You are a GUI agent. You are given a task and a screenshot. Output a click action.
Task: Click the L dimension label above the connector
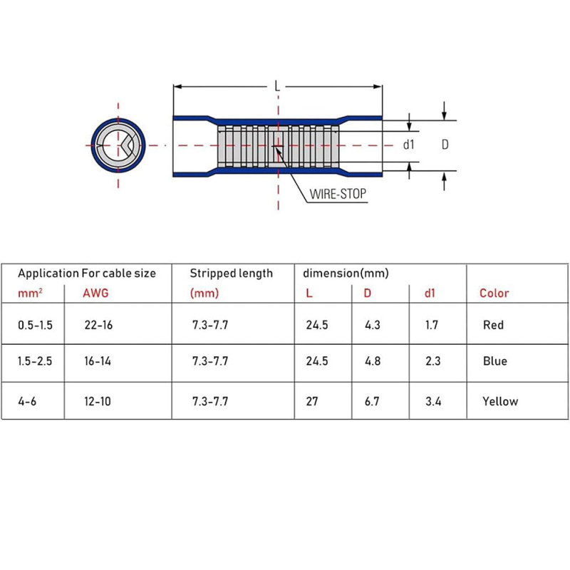point(277,86)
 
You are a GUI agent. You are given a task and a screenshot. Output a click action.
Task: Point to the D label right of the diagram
point(445,145)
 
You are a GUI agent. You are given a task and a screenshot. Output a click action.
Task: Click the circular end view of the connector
point(118,144)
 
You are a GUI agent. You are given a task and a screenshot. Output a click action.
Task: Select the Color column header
point(494,293)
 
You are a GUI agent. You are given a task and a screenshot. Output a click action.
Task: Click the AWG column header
point(96,293)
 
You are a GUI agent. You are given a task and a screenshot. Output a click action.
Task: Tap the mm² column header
point(29,293)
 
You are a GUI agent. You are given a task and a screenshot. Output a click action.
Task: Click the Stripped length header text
point(231,273)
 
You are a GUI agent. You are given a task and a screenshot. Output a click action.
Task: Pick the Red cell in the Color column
point(493,325)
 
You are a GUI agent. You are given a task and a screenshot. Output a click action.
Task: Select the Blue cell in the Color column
point(494,361)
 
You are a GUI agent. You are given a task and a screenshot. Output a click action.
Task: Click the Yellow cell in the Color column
point(500,401)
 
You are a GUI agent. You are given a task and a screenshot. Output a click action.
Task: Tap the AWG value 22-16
point(98,325)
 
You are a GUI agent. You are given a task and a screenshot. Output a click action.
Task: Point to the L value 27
point(311,401)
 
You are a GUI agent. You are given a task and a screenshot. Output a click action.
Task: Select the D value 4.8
point(372,361)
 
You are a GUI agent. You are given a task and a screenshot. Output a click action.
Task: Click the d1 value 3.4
point(432,401)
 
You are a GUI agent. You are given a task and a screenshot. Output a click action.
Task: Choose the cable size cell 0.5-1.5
point(36,325)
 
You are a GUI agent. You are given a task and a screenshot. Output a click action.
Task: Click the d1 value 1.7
point(432,325)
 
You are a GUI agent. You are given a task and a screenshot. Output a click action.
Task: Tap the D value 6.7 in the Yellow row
point(372,401)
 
